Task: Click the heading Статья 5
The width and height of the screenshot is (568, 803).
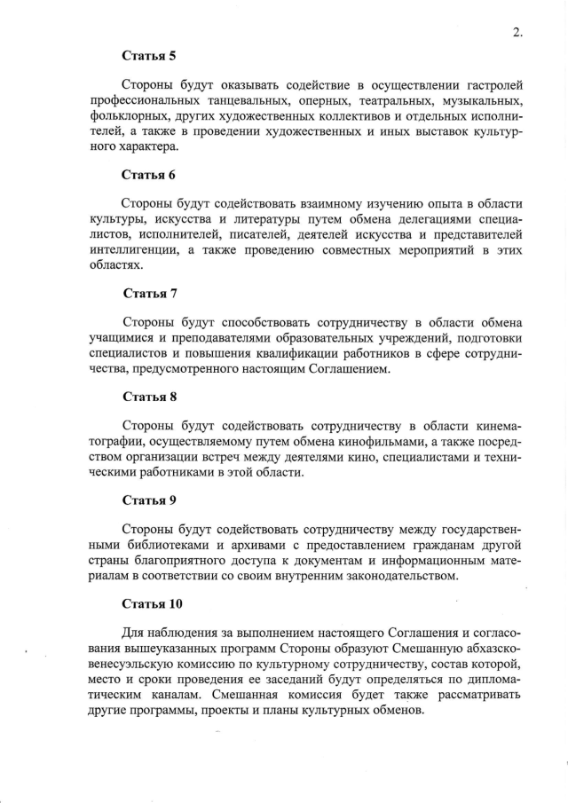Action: pos(148,56)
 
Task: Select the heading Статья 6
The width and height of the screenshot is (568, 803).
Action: pos(148,174)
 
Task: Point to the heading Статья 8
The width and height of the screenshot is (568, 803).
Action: pos(148,397)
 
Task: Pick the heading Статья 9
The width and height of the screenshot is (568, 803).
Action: pos(148,500)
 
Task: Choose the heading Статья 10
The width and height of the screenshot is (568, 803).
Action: pos(152,604)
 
